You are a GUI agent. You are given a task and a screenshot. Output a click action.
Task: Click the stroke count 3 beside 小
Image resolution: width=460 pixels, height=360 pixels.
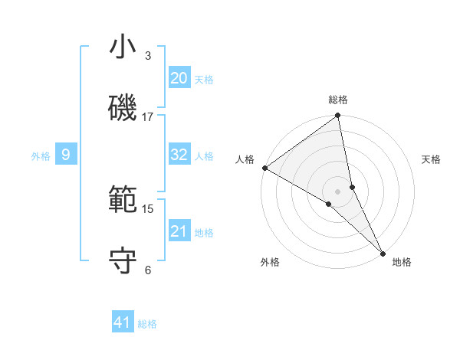point(148,56)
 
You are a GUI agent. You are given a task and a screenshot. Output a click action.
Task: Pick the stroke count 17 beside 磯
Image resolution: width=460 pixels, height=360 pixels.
point(148,117)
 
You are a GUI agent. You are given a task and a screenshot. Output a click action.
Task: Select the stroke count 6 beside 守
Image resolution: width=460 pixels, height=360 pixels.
point(148,270)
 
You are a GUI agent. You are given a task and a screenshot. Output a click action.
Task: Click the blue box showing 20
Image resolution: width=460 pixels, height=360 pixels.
point(179,78)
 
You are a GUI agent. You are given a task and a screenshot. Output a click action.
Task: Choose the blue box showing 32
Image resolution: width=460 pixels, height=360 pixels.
point(179,155)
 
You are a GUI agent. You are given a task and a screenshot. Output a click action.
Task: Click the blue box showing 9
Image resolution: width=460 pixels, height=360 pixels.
point(66,155)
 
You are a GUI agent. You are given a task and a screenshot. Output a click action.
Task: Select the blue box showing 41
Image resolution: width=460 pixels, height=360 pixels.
point(123,322)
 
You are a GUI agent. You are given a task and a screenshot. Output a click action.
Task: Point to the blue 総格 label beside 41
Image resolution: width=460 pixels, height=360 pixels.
point(147,324)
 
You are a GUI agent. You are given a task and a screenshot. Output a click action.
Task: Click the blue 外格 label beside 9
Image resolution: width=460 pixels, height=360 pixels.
point(41,156)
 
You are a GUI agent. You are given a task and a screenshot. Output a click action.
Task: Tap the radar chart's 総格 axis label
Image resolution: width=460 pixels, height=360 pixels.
point(338,100)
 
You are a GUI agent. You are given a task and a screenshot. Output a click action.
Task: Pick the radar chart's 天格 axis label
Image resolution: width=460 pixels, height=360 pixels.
point(432,160)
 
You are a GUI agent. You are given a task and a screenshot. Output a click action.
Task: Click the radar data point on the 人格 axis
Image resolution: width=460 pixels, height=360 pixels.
point(264,168)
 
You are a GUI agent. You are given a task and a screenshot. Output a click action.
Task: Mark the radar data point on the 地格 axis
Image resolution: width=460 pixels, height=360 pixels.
point(383,252)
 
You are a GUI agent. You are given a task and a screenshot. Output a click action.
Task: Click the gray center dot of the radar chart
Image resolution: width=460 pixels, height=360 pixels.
point(338,191)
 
